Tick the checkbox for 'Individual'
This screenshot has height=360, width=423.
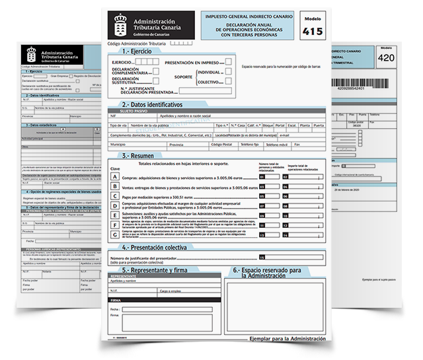point(229,71)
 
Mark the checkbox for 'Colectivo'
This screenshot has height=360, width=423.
point(229,82)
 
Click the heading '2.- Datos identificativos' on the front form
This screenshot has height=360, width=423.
point(152,104)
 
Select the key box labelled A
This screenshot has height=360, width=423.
point(115,177)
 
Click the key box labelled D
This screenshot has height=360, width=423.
point(115,206)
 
